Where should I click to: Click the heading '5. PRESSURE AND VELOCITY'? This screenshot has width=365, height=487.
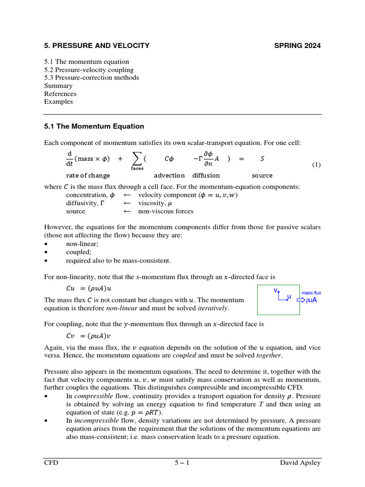(96, 46)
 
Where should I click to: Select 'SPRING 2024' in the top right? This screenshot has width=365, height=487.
(298, 46)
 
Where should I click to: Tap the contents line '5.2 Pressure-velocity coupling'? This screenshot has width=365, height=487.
(89, 70)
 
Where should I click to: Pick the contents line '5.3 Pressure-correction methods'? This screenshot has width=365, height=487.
(92, 78)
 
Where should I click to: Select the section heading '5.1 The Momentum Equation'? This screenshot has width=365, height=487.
(94, 127)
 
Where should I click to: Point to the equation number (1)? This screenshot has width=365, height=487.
(317, 165)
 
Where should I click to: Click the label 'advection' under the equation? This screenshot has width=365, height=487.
(170, 175)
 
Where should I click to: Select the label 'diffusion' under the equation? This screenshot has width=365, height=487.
(206, 175)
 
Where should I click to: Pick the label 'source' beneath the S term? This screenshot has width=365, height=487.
(262, 175)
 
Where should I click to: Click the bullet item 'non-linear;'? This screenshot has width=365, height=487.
(81, 243)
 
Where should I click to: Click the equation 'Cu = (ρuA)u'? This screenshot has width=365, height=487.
(88, 289)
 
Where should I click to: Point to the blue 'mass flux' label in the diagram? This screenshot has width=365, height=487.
(311, 293)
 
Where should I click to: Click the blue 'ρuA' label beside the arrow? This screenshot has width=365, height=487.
(312, 300)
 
